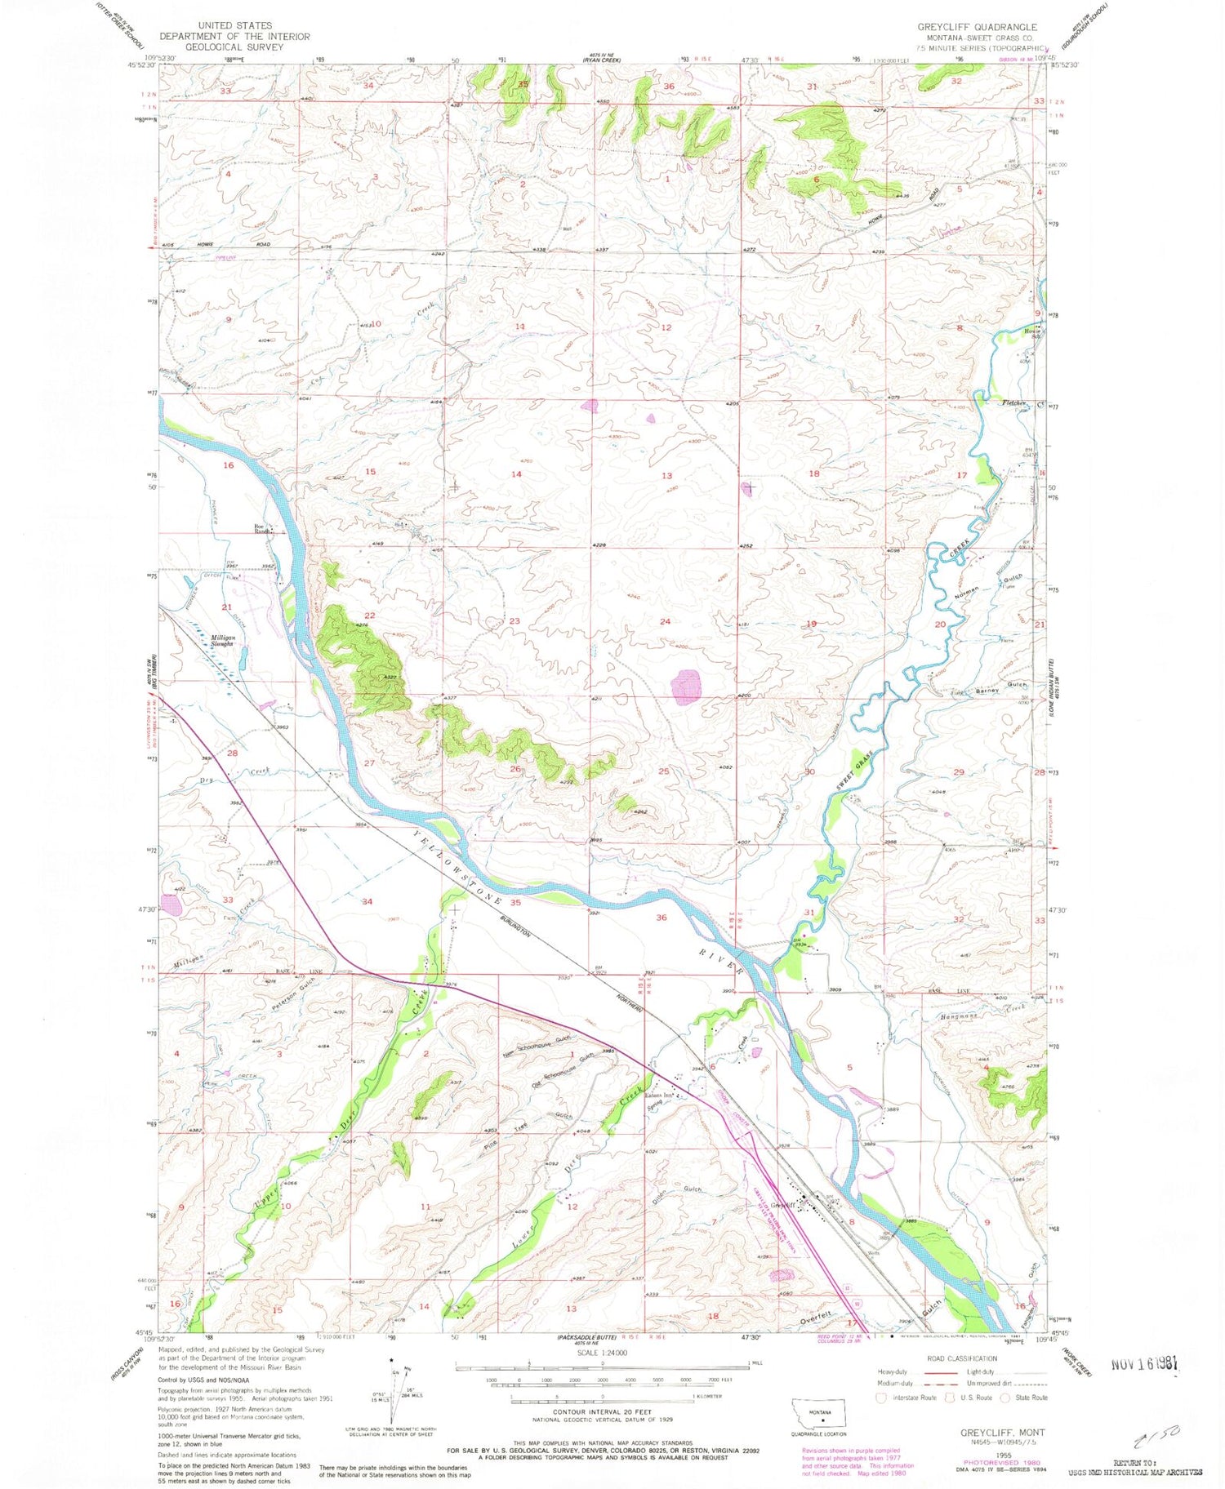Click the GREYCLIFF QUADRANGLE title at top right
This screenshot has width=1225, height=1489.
point(978,27)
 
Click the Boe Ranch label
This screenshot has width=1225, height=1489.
point(262,529)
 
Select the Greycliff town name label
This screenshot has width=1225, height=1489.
point(783,1204)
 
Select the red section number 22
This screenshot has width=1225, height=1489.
point(370,616)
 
